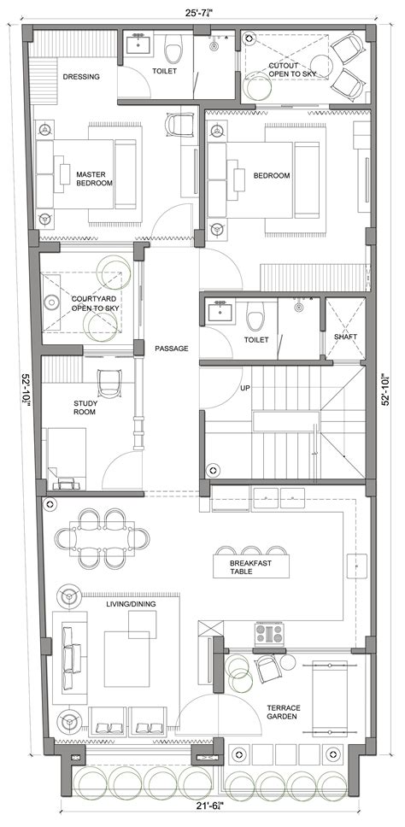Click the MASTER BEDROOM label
(95, 177)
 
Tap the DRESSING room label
(81, 77)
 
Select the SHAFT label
(346, 337)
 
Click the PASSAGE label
(171, 349)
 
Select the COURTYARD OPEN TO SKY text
(94, 302)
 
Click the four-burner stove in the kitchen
(269, 634)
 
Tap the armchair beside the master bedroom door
(181, 125)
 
